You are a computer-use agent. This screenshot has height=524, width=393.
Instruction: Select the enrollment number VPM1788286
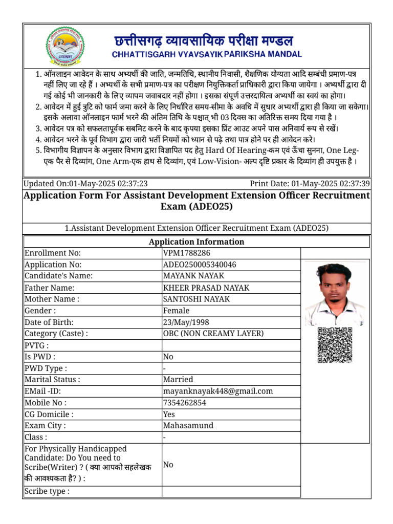click(186, 253)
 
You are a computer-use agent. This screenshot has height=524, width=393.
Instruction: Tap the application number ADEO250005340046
click(200, 265)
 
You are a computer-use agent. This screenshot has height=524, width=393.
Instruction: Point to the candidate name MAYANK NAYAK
click(193, 276)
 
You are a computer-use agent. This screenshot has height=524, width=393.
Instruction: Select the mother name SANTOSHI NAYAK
click(196, 299)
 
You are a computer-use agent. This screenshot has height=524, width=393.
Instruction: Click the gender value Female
click(176, 311)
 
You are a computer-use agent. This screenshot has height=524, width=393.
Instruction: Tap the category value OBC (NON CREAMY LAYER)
click(213, 334)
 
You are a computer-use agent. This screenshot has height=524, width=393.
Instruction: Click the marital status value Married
click(178, 380)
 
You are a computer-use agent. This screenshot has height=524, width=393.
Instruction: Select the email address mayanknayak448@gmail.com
click(218, 391)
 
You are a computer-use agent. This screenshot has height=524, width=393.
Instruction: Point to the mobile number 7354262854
click(185, 403)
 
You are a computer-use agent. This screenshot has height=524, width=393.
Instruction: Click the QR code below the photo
click(335, 345)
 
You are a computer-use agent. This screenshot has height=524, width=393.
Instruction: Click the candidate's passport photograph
click(335, 294)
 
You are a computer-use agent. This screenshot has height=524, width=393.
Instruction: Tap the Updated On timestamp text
click(86, 184)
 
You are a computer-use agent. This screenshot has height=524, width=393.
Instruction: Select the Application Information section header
click(196, 242)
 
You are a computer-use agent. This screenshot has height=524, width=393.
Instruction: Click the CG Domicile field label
click(49, 414)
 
